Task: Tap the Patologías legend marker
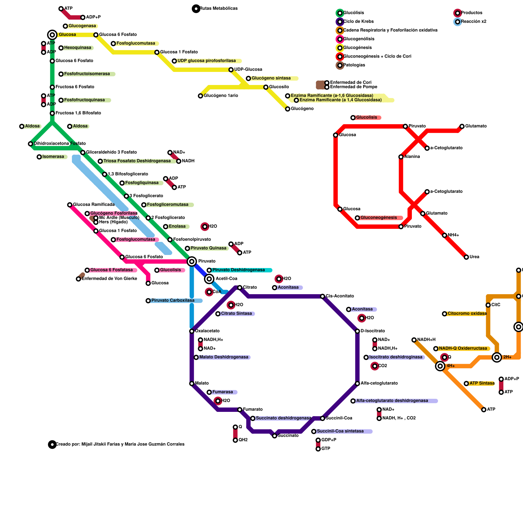click(x=340, y=65)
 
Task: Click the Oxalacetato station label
click(x=207, y=331)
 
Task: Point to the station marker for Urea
click(x=466, y=257)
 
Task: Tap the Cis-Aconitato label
click(x=340, y=296)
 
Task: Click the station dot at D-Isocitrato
click(x=357, y=331)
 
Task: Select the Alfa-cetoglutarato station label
click(x=379, y=383)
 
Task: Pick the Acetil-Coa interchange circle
click(x=209, y=279)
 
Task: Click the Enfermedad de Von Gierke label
click(x=109, y=279)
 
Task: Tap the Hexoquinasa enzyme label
click(x=77, y=48)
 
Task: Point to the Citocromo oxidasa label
click(x=467, y=314)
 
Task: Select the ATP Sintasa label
click(x=482, y=383)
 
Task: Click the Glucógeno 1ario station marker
click(x=200, y=96)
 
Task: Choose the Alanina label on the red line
click(x=412, y=157)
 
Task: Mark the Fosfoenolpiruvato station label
click(x=192, y=240)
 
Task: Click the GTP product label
click(x=326, y=449)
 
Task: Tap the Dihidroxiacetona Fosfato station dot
click(x=30, y=144)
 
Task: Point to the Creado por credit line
click(x=120, y=444)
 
